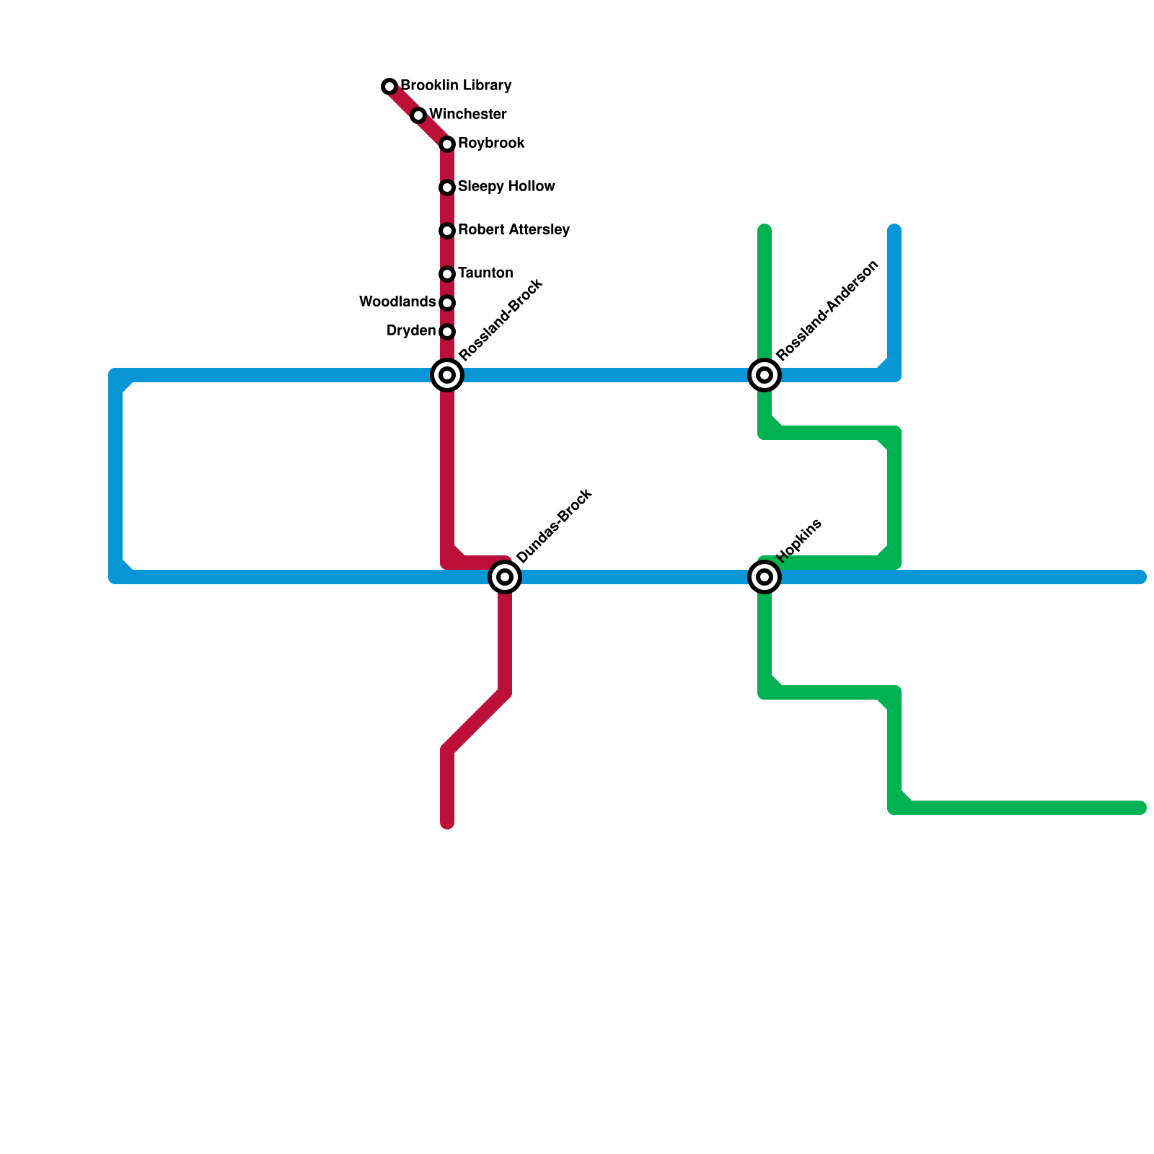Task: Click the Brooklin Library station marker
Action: [x=389, y=87]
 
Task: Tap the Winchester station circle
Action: [x=418, y=115]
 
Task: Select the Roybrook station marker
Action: [x=447, y=144]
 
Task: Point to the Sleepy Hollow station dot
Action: [x=447, y=188]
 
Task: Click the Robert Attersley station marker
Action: [x=447, y=231]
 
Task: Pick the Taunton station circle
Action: [x=447, y=274]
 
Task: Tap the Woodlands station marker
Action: [x=447, y=303]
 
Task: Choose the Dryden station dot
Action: [x=447, y=332]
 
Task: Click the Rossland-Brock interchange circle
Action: [x=447, y=375]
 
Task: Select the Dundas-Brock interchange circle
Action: [x=505, y=577]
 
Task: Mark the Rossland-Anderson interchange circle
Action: [x=765, y=375]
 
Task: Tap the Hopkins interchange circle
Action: [x=765, y=577]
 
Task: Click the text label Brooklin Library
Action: [x=456, y=86]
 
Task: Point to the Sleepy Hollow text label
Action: [x=506, y=187]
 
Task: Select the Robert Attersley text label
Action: [x=514, y=230]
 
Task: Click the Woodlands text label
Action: [x=397, y=302]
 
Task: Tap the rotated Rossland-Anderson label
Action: [x=828, y=310]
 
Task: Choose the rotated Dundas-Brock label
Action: [x=555, y=526]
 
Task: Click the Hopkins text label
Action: [x=799, y=540]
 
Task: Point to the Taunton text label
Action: [x=485, y=273]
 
